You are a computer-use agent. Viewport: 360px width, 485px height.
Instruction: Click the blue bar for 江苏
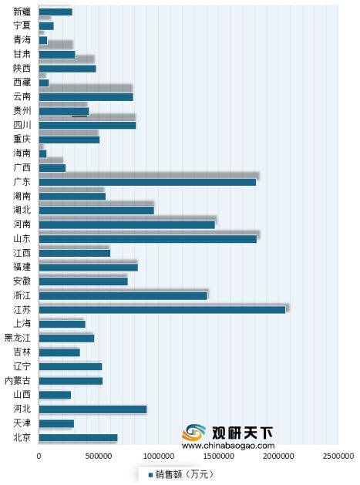click(162, 309)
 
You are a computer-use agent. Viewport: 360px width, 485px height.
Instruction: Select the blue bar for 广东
click(147, 181)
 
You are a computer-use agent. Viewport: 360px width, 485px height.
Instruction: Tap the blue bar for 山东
click(147, 238)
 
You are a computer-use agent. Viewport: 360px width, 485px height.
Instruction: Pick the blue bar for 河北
click(93, 409)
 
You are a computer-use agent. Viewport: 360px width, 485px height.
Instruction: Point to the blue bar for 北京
click(78, 437)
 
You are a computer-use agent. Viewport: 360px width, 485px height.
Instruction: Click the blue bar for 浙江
click(123, 295)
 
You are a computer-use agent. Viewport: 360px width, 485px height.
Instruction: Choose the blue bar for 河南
click(126, 224)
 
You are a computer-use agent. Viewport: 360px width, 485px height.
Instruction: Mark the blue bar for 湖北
click(96, 210)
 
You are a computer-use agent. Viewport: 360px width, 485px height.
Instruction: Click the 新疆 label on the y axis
click(22, 12)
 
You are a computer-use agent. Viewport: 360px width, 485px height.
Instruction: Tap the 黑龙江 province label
click(18, 338)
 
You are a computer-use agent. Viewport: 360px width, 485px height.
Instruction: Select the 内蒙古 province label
click(18, 381)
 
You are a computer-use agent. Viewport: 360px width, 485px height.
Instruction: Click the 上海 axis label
click(22, 324)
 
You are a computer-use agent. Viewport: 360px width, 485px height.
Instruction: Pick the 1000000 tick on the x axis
click(158, 456)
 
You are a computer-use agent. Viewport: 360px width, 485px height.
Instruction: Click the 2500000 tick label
click(338, 456)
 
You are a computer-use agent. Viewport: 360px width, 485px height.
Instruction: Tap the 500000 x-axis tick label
click(98, 456)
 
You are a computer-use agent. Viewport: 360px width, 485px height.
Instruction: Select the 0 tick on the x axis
click(39, 456)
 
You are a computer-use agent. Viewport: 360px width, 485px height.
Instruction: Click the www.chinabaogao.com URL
click(227, 445)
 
